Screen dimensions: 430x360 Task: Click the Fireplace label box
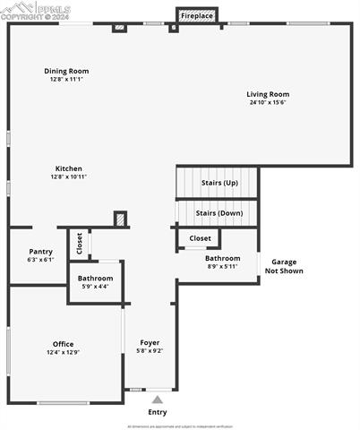pyautogui.click(x=197, y=15)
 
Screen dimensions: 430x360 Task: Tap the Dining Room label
pyautogui.click(x=67, y=71)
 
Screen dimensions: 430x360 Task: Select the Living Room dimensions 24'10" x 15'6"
pyautogui.click(x=268, y=102)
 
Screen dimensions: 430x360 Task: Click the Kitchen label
pyautogui.click(x=69, y=168)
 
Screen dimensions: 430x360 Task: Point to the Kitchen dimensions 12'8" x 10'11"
pyautogui.click(x=69, y=176)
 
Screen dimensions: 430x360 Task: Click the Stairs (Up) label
pyautogui.click(x=219, y=182)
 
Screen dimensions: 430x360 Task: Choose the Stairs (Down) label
pyautogui.click(x=219, y=213)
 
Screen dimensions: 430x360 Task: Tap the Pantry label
pyautogui.click(x=41, y=252)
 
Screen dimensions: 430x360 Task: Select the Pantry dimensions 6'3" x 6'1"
pyautogui.click(x=41, y=260)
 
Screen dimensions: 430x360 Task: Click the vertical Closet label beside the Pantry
pyautogui.click(x=79, y=244)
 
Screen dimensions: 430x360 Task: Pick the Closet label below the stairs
pyautogui.click(x=201, y=238)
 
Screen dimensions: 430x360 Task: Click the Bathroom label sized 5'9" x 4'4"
pyautogui.click(x=96, y=279)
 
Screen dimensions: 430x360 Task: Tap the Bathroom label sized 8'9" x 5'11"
pyautogui.click(x=223, y=258)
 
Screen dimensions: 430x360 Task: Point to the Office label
pyautogui.click(x=63, y=344)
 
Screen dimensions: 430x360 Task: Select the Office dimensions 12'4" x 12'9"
pyautogui.click(x=63, y=352)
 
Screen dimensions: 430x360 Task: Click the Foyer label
pyautogui.click(x=150, y=342)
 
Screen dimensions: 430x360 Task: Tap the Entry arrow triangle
pyautogui.click(x=158, y=399)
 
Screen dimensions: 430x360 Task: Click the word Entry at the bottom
pyautogui.click(x=158, y=412)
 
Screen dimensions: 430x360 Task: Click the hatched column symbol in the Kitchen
pyautogui.click(x=120, y=219)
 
